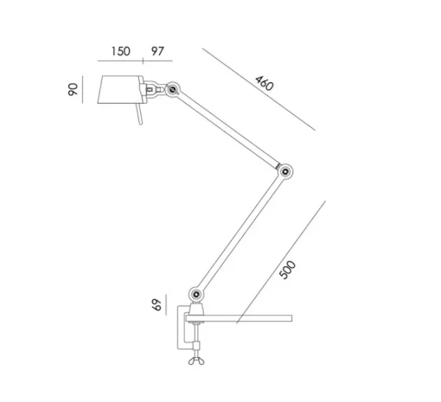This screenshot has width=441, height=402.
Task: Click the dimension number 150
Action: click(121, 51)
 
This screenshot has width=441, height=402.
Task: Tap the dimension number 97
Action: click(157, 51)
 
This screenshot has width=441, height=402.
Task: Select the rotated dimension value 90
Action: click(73, 89)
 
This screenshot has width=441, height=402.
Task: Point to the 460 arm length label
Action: click(264, 83)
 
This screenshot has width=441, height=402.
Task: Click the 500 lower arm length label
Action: click(288, 270)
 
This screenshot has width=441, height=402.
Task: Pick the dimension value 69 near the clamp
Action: click(157, 305)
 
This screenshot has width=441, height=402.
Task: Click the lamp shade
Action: click(120, 89)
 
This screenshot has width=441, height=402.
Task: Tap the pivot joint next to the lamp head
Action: click(173, 90)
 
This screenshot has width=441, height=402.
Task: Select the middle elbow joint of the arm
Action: click(285, 172)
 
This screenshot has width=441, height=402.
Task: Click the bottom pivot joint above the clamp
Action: click(196, 294)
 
